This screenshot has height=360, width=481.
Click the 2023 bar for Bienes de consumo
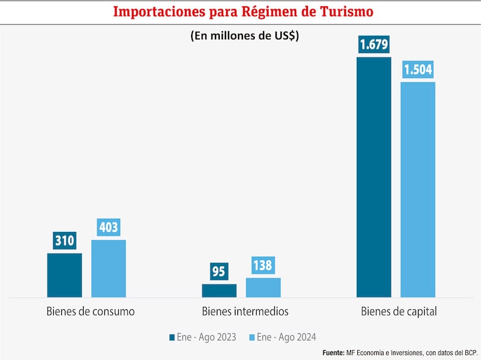point(64,275)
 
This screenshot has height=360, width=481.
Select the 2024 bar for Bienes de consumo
point(109,268)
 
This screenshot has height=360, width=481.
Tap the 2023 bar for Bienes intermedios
point(219,291)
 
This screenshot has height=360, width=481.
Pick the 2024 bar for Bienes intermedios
point(263,287)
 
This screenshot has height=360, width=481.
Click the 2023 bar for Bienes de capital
point(374,177)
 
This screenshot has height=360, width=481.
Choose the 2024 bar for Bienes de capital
point(418,189)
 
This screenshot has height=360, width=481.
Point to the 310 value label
point(64,240)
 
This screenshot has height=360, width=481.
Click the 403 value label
point(109,227)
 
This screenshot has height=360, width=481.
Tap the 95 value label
point(219,271)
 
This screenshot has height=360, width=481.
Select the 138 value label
point(263,265)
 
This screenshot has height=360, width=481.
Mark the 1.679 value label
point(374,45)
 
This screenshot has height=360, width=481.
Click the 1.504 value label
point(418,69)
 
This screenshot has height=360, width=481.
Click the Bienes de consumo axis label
point(90,311)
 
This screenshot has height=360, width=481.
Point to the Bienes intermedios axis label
point(245,311)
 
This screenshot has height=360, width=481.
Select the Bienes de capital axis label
point(399,311)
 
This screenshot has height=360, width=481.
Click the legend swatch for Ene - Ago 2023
point(172,337)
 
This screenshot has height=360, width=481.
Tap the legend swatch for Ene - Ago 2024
point(252,337)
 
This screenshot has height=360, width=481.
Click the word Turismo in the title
point(343,12)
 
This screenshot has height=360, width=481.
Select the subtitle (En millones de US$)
point(245,36)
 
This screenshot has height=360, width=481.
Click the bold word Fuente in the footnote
point(333,353)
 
